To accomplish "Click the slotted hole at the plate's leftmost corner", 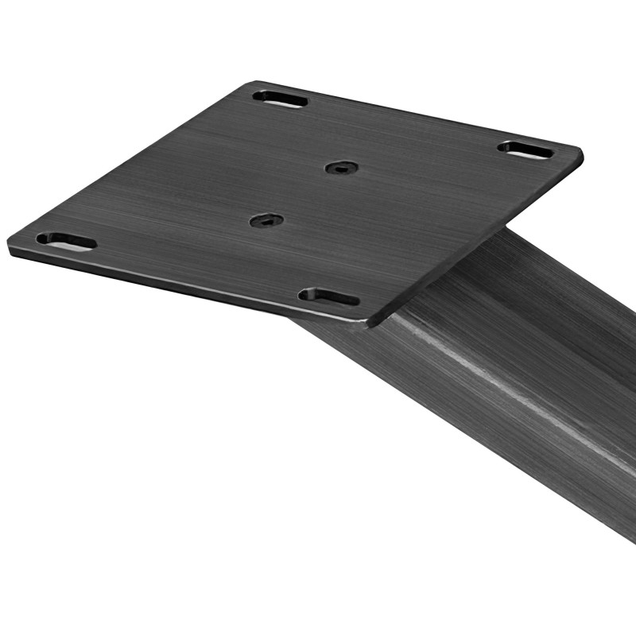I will (x=66, y=241).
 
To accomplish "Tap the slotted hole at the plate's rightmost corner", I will (x=526, y=149).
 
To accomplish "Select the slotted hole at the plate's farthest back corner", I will (x=280, y=99).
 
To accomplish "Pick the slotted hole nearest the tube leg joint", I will (x=328, y=297).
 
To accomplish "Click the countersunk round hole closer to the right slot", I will (x=341, y=168).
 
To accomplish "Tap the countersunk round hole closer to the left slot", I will (x=266, y=220).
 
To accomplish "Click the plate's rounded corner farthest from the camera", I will (x=253, y=83).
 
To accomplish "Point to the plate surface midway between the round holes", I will (x=304, y=194).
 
